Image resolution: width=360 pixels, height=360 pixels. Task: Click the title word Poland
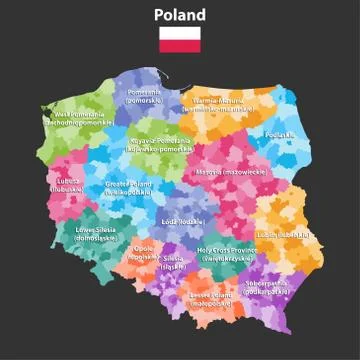180,15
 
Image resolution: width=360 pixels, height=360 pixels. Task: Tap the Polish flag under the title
180,39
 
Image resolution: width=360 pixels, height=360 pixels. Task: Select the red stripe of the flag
180,46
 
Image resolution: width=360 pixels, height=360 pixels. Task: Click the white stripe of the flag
180,33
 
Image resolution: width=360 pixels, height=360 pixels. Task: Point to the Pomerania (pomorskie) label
146,95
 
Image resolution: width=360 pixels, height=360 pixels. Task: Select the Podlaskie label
281,134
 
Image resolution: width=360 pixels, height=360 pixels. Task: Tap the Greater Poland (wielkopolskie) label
128,187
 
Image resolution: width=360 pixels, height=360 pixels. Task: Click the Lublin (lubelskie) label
280,234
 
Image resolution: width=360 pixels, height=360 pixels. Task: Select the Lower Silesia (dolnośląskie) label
96,235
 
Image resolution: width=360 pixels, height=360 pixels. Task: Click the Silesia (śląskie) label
173,262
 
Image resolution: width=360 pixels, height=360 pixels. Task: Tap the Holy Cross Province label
226,254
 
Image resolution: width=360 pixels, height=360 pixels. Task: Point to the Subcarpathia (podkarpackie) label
269,287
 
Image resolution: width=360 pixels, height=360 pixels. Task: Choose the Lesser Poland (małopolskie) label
211,298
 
